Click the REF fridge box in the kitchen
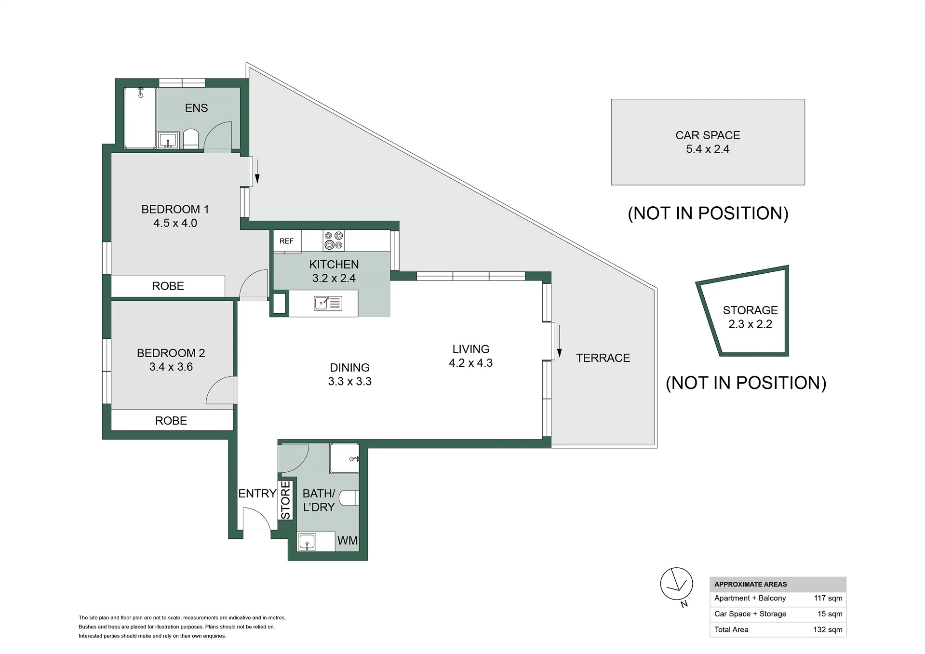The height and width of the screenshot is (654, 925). click(x=287, y=241)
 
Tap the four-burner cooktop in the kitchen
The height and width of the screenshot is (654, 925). click(x=334, y=240)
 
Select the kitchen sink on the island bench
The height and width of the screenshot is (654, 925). click(x=328, y=303)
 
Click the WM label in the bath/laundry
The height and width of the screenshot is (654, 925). click(x=347, y=541)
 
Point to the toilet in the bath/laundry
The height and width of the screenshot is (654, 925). click(x=349, y=498)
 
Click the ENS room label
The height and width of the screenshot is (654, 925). click(x=196, y=108)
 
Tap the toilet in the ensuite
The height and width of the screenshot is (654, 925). click(x=191, y=139)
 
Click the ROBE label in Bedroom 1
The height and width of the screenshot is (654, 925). click(x=168, y=286)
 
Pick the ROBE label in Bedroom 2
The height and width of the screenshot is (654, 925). click(x=171, y=421)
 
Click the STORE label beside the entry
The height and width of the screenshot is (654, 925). click(x=285, y=500)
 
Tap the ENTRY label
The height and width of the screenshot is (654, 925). click(x=257, y=494)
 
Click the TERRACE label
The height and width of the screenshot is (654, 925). click(x=603, y=358)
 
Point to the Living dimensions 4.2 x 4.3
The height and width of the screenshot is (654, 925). click(x=471, y=363)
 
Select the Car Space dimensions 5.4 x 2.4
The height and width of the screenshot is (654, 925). click(x=708, y=149)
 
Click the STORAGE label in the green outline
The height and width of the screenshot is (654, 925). click(x=750, y=310)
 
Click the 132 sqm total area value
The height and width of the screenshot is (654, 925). click(x=828, y=629)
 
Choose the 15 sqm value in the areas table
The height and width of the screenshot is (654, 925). click(x=830, y=614)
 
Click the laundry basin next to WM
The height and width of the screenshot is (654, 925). click(x=307, y=542)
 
